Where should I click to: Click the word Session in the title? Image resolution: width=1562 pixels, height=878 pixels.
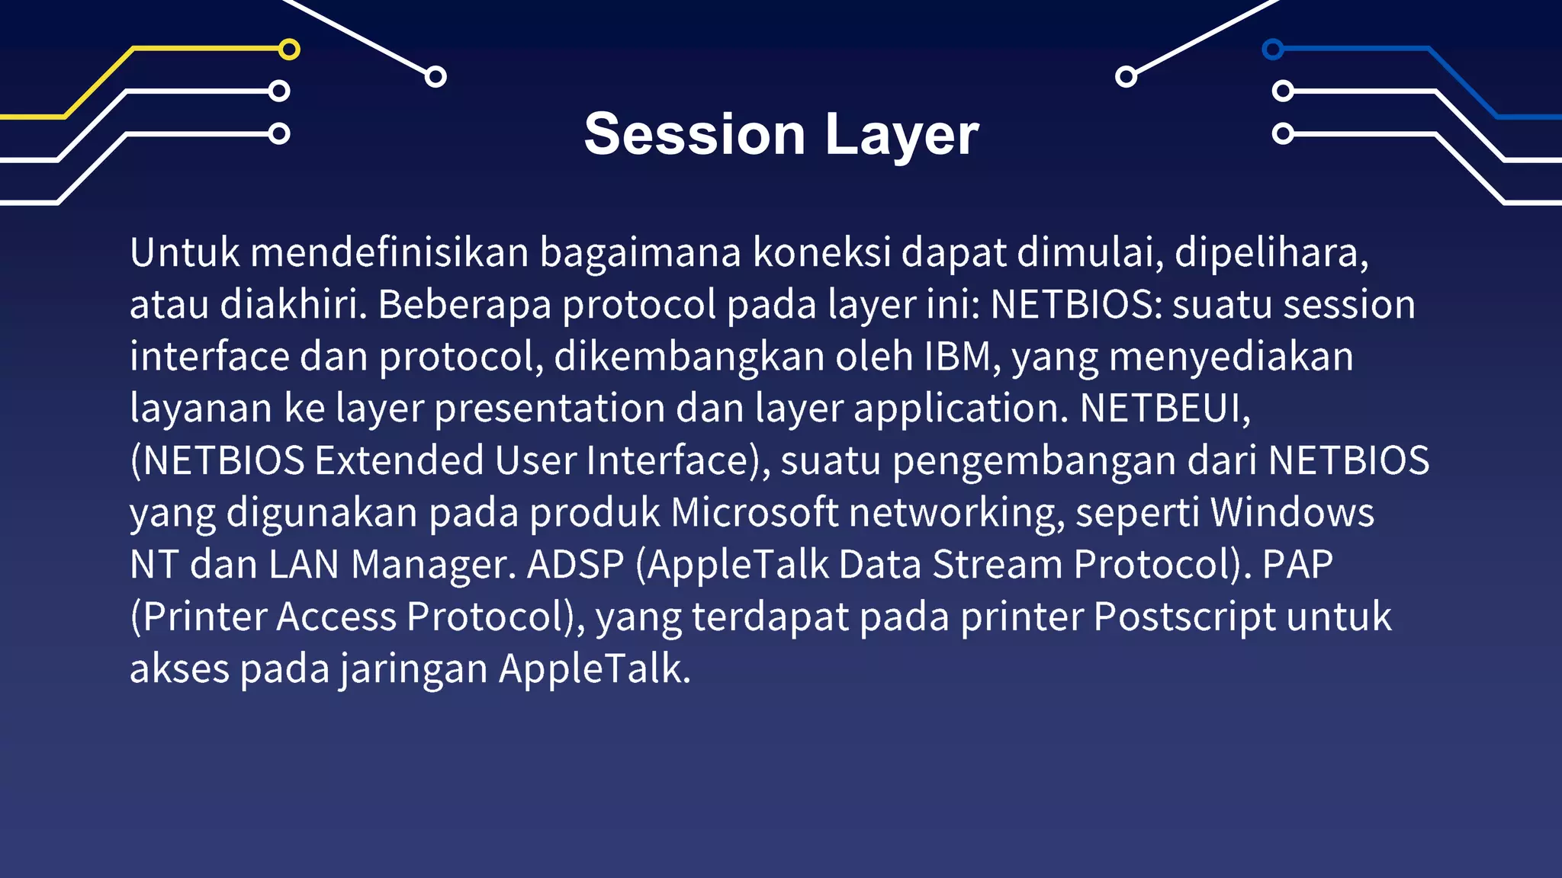coord(694,135)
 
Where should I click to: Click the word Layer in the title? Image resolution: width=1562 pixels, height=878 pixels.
coord(902,135)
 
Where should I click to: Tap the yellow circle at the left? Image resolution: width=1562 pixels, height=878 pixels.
coord(289,50)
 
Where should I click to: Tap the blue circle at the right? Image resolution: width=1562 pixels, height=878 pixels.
coord(1272,50)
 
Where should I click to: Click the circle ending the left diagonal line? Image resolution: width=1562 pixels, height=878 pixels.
coord(435,76)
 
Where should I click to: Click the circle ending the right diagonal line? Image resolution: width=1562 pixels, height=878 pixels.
coord(1126,76)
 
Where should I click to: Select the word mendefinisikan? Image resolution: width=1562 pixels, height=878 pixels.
coord(389,252)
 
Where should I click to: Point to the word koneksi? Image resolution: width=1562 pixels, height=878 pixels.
coord(821,252)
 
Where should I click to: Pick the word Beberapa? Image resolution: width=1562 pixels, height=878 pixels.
coord(464,304)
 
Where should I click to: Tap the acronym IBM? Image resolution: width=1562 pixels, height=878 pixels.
coord(958,356)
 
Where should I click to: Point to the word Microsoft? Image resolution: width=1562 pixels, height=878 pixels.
coord(754,512)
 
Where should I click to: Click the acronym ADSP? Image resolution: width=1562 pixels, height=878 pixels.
coord(576,565)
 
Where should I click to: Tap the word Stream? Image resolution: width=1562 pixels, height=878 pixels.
coord(997,565)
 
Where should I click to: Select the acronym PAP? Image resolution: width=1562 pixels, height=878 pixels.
coord(1297,565)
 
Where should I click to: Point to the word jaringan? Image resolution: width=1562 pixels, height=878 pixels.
coord(413,668)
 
